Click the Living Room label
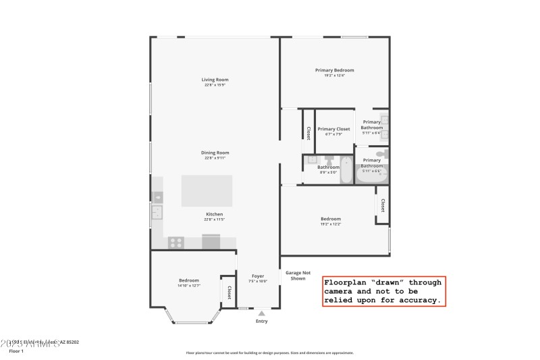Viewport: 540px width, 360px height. click(x=215, y=80)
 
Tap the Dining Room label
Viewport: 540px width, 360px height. click(x=215, y=153)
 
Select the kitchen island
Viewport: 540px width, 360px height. click(x=207, y=190)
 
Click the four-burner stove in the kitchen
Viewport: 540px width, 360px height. click(x=176, y=242)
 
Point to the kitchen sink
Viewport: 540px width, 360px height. click(x=157, y=213)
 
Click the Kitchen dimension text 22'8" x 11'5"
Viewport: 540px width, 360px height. click(x=214, y=220)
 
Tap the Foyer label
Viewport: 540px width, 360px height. click(x=258, y=276)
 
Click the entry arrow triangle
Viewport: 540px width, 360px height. click(x=261, y=313)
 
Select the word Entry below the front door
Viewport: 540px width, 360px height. click(x=261, y=321)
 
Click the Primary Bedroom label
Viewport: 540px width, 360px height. click(x=334, y=70)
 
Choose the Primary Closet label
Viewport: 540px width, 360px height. click(x=333, y=128)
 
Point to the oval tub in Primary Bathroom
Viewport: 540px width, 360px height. click(x=372, y=177)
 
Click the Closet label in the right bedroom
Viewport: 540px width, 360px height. click(x=382, y=205)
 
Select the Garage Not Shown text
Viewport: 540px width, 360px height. click(x=298, y=276)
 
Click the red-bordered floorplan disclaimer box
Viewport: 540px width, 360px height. click(x=383, y=291)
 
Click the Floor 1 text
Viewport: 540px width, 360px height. click(x=16, y=351)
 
